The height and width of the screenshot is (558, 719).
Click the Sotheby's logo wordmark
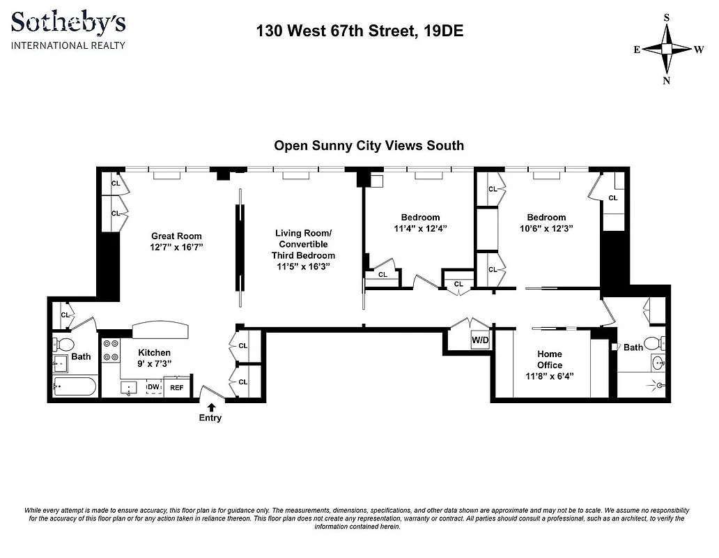[x=68, y=23]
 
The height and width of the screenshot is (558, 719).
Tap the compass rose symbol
[x=667, y=49]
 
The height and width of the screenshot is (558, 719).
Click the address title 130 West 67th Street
[x=359, y=31]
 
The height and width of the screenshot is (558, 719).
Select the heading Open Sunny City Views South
[x=369, y=146]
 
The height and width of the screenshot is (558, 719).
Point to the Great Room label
[x=176, y=236]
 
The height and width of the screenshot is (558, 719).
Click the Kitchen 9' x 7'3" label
[x=154, y=358]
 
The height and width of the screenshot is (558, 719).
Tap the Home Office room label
[x=549, y=360]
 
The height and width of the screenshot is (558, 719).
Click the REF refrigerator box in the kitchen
[x=177, y=389]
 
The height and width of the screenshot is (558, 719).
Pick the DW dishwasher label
[x=153, y=386]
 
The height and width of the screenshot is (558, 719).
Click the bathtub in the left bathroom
[x=74, y=386]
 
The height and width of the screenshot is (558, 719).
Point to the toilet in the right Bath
[x=653, y=343]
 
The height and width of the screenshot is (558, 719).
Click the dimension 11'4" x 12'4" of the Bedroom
[x=420, y=228]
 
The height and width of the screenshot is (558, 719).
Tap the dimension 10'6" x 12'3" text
[x=546, y=228]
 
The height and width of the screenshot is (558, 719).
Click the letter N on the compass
[x=667, y=80]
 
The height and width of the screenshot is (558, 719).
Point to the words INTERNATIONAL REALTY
[x=68, y=45]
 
